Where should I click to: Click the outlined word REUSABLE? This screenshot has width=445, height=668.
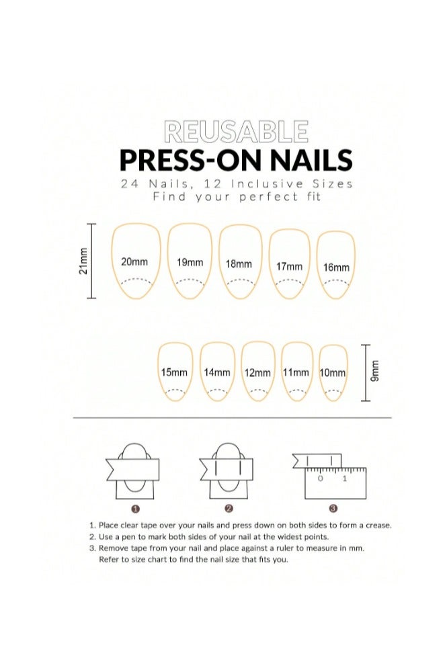[236, 132]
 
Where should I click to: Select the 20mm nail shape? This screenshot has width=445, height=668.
[135, 261]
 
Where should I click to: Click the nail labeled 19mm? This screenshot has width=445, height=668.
[190, 262]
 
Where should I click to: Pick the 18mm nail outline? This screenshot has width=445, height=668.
[239, 263]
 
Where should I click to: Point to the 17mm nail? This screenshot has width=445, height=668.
[289, 265]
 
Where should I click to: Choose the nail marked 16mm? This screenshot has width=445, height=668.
[335, 266]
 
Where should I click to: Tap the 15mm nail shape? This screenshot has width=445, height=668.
[175, 372]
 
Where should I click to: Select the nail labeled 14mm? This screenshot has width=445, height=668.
[216, 372]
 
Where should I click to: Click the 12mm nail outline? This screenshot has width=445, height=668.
[258, 372]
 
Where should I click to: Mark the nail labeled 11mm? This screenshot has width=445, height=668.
[296, 372]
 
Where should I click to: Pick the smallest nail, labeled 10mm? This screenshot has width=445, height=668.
[333, 372]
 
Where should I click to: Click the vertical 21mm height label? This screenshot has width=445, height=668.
[83, 261]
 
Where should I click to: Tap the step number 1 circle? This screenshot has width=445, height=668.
[135, 508]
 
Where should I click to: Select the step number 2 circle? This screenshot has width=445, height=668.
[229, 508]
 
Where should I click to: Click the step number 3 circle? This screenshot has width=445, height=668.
[333, 508]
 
